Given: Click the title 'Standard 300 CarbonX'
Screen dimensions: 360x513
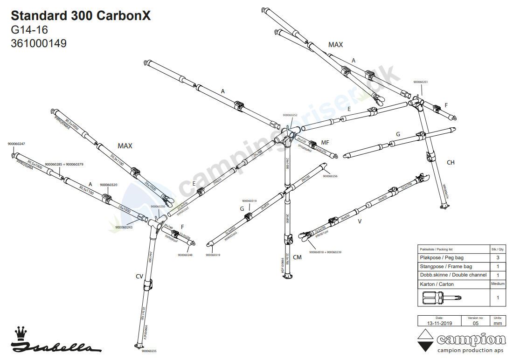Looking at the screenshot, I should (81, 16).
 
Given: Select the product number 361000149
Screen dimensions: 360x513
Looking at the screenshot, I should (38, 43).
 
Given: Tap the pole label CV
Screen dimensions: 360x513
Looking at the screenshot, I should (139, 277).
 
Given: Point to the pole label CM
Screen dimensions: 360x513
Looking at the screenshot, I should (298, 257).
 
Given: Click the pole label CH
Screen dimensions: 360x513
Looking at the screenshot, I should (450, 162).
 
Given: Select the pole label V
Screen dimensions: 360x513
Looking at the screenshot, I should (359, 222).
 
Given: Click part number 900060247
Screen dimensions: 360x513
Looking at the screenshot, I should (16, 144).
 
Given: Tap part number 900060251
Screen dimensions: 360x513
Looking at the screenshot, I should (420, 82).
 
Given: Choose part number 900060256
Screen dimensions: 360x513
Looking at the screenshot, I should (329, 176).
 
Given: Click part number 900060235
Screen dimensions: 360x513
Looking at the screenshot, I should (149, 351).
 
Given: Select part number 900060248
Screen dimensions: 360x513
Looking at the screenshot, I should (185, 255).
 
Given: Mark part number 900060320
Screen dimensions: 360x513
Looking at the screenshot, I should (108, 185).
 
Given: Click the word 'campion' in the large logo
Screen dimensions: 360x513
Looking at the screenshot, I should (471, 339).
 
